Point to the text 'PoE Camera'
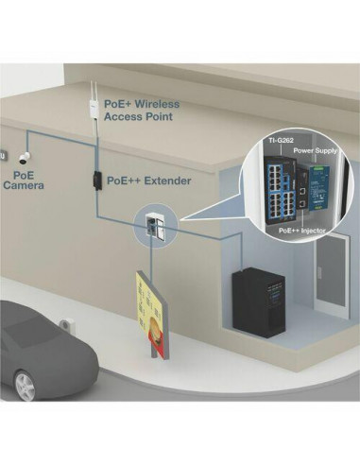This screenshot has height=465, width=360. tap(23, 181)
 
